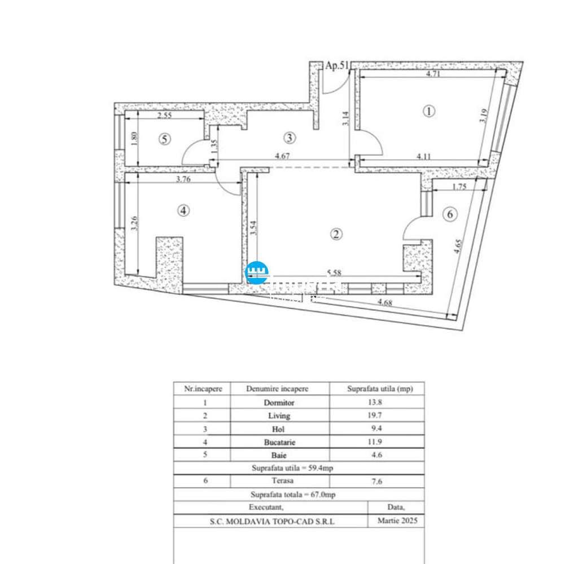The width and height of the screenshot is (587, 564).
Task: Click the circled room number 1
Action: (x=430, y=112)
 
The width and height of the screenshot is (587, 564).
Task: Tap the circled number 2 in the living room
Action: (x=337, y=235)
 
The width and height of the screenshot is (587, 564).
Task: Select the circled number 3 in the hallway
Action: (x=289, y=137)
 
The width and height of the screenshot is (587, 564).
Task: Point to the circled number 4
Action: (x=183, y=210)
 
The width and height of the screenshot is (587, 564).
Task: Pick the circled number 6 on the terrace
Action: (x=450, y=214)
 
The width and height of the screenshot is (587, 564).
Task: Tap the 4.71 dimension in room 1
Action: (x=433, y=73)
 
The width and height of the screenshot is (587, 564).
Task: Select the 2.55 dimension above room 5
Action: (x=164, y=116)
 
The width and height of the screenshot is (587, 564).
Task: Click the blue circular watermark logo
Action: (x=257, y=273)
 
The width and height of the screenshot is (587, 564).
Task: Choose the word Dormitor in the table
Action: (x=279, y=403)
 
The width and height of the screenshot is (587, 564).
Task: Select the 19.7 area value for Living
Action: (x=376, y=416)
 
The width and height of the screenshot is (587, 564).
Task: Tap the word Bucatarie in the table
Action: (x=279, y=442)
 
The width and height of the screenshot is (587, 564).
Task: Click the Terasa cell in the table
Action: (x=279, y=481)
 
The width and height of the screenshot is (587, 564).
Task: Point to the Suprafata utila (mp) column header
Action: (x=376, y=389)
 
